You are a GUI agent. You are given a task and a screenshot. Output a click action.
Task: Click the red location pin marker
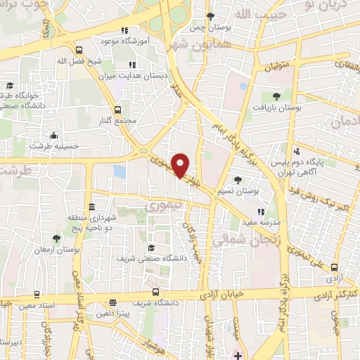click(x=181, y=165)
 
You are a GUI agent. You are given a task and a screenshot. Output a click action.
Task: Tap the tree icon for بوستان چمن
click(x=210, y=15)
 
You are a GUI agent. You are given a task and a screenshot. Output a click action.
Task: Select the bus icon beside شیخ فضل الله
click(x=79, y=50)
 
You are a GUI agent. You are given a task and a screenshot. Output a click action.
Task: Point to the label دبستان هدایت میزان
click(x=140, y=75)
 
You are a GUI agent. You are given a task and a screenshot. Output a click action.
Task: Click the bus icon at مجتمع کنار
click(x=117, y=110)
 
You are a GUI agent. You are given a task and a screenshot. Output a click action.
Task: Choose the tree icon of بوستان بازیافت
click(x=276, y=96)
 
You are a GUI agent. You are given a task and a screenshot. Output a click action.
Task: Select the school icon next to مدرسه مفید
click(x=260, y=211)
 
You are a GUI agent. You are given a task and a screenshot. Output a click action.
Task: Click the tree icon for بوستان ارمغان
click(x=56, y=239)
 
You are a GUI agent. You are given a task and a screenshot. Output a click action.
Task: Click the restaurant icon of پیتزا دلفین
click(x=112, y=303)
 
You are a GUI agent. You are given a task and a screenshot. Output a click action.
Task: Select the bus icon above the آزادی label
click(x=334, y=267)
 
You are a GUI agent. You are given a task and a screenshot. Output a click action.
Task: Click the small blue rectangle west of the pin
click(x=119, y=171)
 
